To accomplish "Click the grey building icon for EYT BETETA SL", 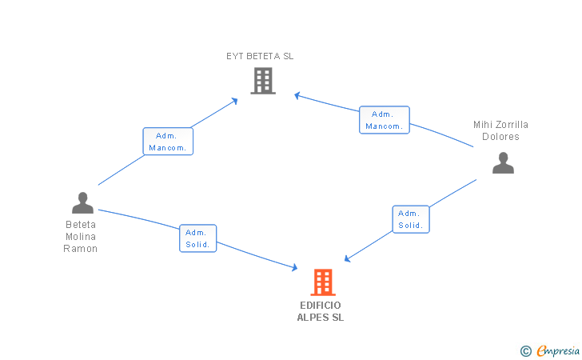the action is (263, 81).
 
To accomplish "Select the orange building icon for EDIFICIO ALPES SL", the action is (323, 282).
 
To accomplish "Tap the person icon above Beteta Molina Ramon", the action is (82, 203).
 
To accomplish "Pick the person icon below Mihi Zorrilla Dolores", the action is (503, 162).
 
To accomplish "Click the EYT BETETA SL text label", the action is (260, 56).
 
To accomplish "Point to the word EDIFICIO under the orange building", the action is (321, 306).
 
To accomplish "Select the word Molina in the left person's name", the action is (81, 237).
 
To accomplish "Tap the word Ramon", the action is (80, 249).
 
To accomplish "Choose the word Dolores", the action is (500, 137).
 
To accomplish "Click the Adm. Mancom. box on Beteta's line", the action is (168, 141).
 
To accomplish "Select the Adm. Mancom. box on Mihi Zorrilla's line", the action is (385, 120).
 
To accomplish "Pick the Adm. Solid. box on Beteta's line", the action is (197, 238).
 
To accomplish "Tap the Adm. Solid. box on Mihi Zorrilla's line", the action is (411, 219).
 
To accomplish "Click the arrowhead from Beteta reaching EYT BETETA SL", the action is (234, 101).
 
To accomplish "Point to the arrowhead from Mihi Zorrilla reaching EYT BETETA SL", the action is (297, 95).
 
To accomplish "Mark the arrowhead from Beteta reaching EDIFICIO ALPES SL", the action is (295, 267).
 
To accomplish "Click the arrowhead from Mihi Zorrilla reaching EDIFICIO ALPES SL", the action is (347, 258).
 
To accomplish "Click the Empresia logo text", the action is (558, 350).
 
